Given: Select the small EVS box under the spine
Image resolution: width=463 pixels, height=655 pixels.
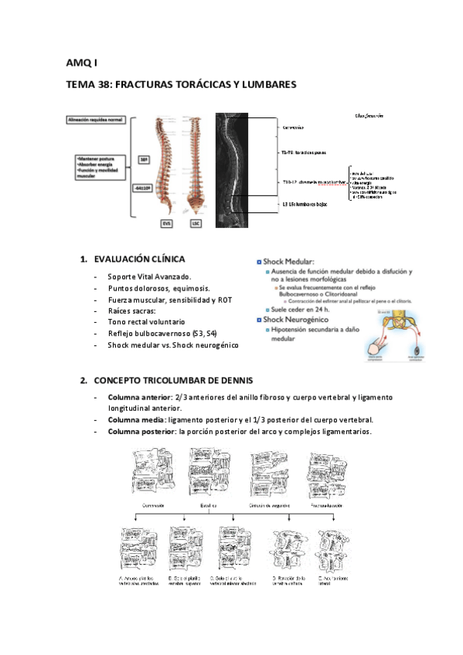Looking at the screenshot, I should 166,223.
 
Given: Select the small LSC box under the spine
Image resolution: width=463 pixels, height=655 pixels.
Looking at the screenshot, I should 196,223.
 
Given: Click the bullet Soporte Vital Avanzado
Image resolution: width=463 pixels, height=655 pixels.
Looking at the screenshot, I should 149,277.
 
